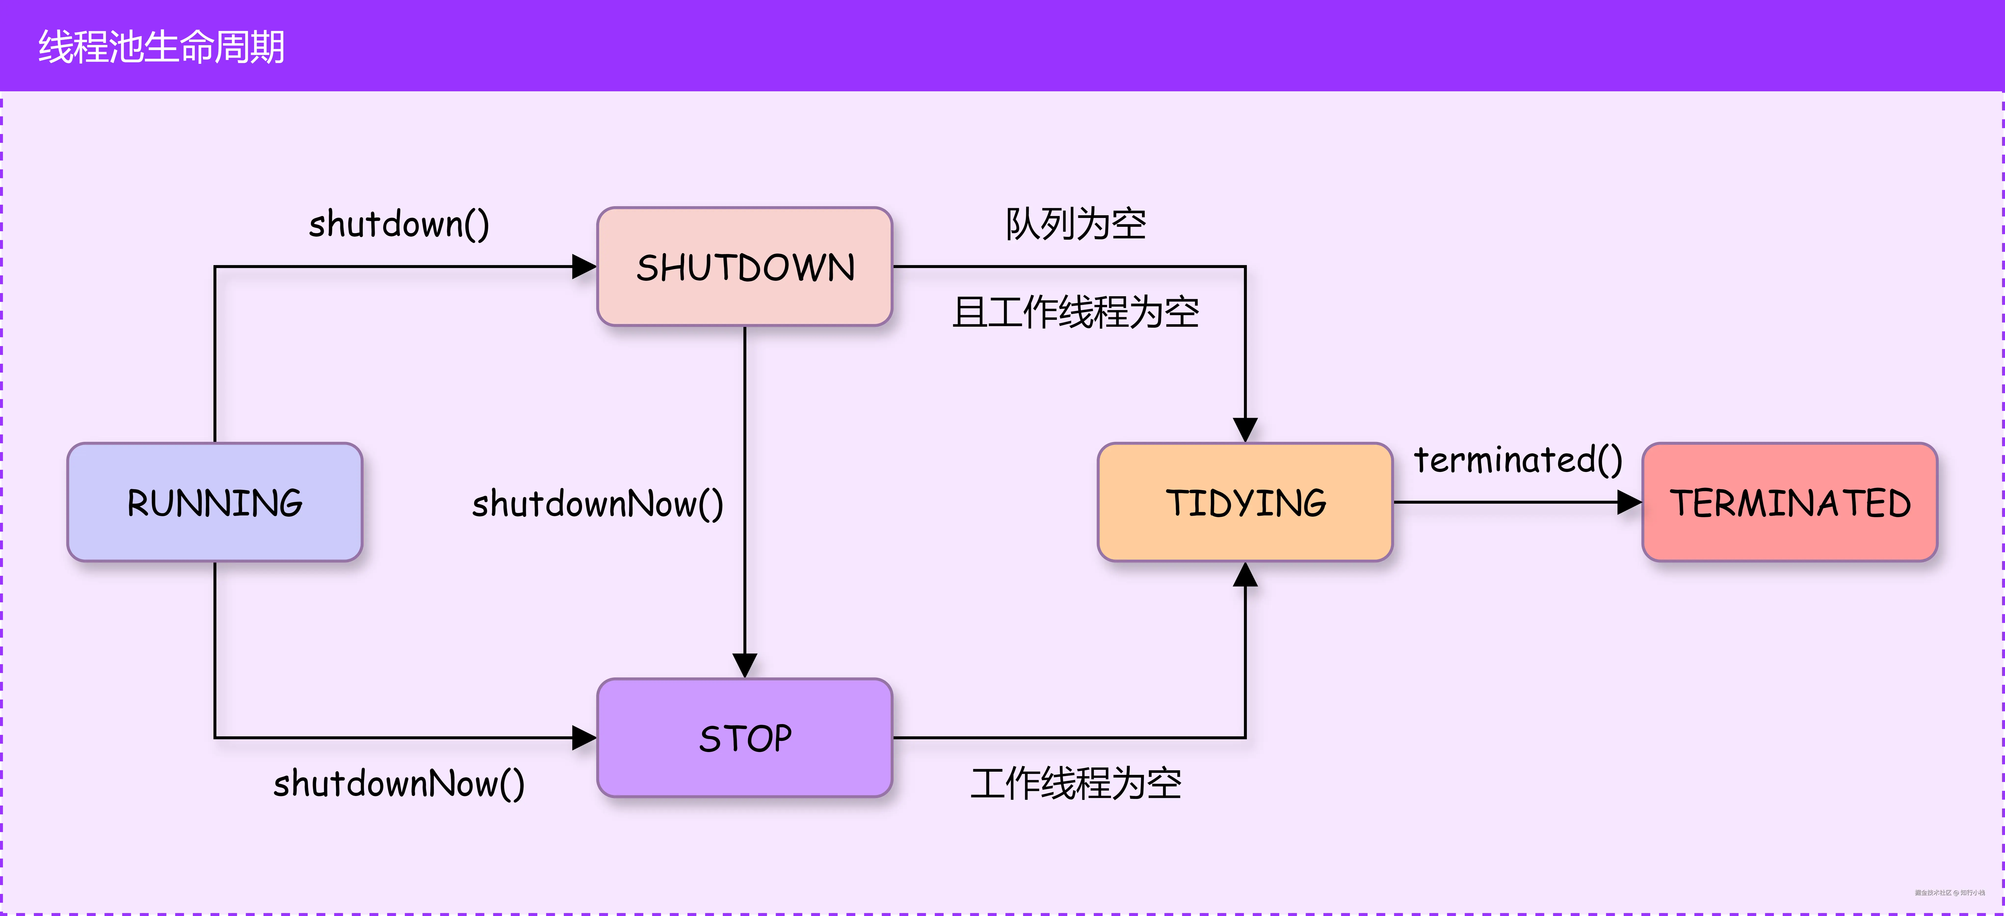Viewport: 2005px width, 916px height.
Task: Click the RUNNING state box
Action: click(x=215, y=502)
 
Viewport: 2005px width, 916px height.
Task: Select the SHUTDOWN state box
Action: click(x=745, y=266)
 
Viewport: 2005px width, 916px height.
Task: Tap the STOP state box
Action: click(x=745, y=738)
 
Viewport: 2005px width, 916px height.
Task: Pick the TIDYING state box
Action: click(x=1245, y=502)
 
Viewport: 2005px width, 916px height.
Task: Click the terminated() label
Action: click(x=1518, y=459)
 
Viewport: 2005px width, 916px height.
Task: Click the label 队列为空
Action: click(x=1076, y=224)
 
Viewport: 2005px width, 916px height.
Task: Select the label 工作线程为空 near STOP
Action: click(x=1076, y=784)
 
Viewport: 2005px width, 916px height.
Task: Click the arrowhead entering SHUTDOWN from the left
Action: click(x=584, y=266)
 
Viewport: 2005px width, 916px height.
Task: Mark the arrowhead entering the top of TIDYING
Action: click(x=1245, y=429)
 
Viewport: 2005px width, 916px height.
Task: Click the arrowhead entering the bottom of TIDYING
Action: click(x=1245, y=575)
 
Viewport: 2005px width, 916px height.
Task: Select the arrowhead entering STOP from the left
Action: click(x=584, y=738)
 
